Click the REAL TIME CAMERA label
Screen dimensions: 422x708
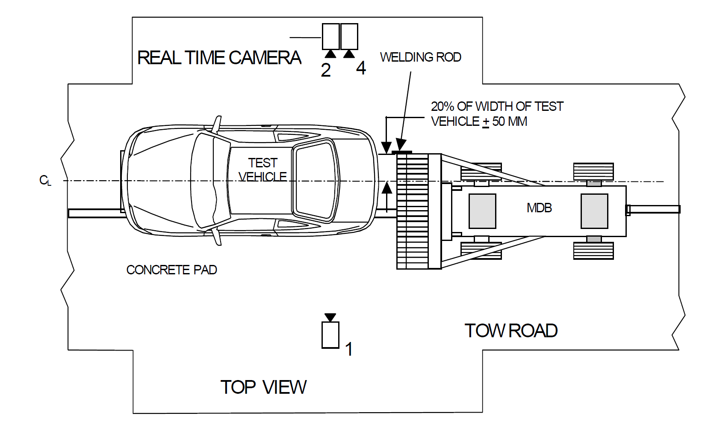point(219,58)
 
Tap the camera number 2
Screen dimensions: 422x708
point(326,70)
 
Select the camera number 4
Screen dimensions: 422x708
point(361,68)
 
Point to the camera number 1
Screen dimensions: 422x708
point(349,349)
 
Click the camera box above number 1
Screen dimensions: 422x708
point(330,335)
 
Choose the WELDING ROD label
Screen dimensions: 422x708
point(420,57)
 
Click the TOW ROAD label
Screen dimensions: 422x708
point(511,331)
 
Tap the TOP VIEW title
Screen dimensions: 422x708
point(263,387)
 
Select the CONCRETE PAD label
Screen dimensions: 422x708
point(171,270)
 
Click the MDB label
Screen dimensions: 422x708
point(539,208)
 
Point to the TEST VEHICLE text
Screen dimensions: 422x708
point(263,170)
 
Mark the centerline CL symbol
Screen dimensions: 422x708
point(45,181)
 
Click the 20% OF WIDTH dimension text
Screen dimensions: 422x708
point(497,107)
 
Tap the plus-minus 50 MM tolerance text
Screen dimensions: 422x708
point(505,122)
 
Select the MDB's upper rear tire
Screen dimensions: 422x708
point(593,171)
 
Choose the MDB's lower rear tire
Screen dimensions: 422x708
point(593,250)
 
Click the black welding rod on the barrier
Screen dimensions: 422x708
point(402,152)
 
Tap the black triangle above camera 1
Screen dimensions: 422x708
point(330,317)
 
